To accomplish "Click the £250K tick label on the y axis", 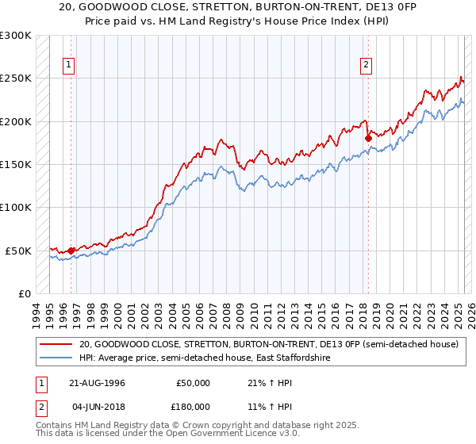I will point(16,78).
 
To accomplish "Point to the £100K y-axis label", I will point(16,207).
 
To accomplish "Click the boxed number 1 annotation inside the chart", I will point(70,66).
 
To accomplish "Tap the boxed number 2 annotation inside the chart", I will point(367,66).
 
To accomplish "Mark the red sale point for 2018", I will point(368,139).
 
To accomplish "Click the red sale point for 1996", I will point(71,251).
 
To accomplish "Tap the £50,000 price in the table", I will point(194,383).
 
